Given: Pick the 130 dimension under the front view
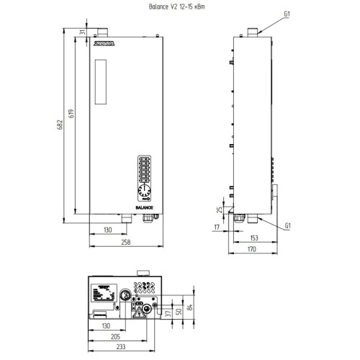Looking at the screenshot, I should pos(107,230).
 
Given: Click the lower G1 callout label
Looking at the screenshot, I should pos(287,226).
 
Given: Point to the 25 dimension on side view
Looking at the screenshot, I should pos(219,210).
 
